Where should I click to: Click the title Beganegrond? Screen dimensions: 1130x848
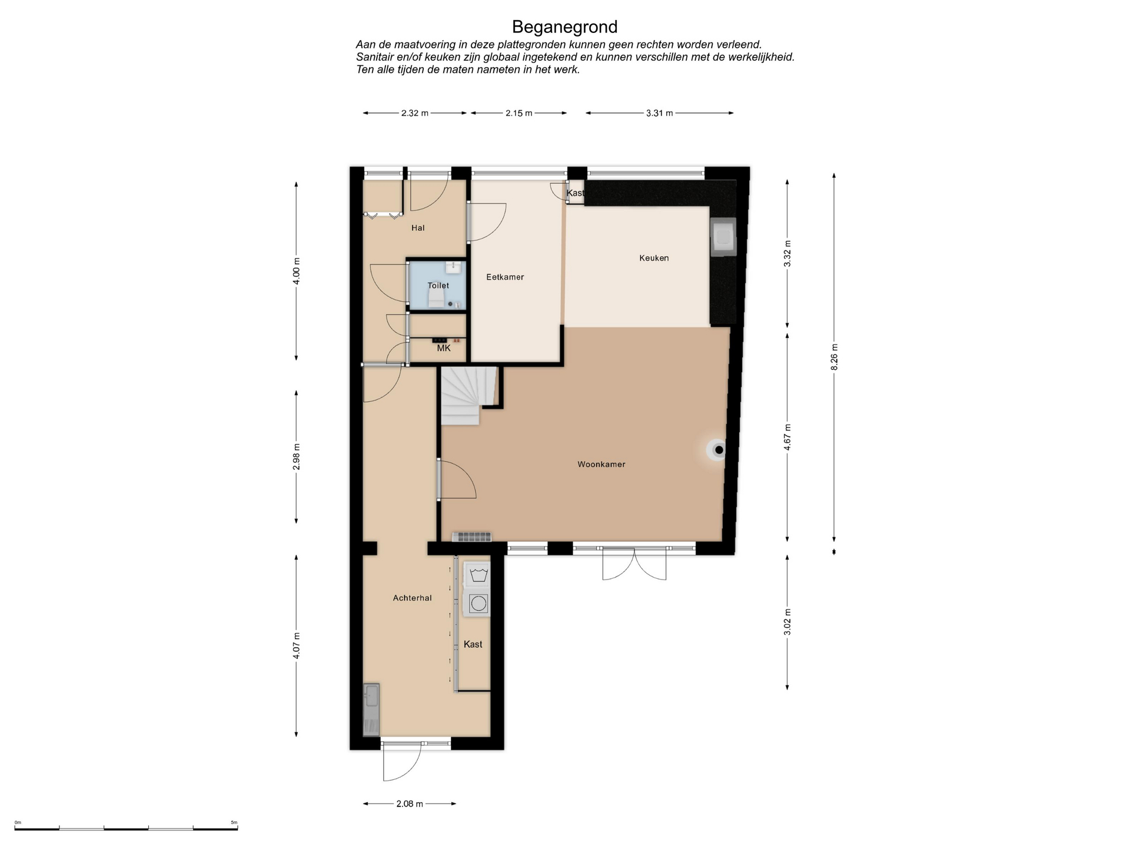click(564, 27)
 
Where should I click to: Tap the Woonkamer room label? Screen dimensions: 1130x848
click(601, 465)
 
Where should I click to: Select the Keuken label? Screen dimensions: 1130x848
click(654, 258)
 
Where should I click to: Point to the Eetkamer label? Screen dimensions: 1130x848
click(505, 277)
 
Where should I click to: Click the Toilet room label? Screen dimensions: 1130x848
click(438, 286)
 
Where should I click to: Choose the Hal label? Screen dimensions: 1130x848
click(418, 228)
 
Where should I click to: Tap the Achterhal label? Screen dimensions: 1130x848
click(412, 598)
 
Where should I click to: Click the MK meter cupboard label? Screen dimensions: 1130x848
click(444, 349)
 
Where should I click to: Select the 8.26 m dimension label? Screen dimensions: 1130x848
click(834, 357)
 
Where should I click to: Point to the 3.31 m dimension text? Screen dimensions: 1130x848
click(659, 113)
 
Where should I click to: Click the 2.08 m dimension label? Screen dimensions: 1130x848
click(410, 804)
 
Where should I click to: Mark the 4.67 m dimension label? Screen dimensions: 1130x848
click(787, 438)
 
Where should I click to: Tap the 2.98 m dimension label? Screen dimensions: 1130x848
click(297, 457)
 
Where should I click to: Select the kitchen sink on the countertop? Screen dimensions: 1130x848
click(723, 237)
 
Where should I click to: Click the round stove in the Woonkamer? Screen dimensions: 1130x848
click(718, 450)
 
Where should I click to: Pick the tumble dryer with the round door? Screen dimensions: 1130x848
click(478, 604)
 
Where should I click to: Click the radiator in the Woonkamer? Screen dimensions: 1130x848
click(472, 536)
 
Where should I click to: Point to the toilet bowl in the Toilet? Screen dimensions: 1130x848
click(436, 299)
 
